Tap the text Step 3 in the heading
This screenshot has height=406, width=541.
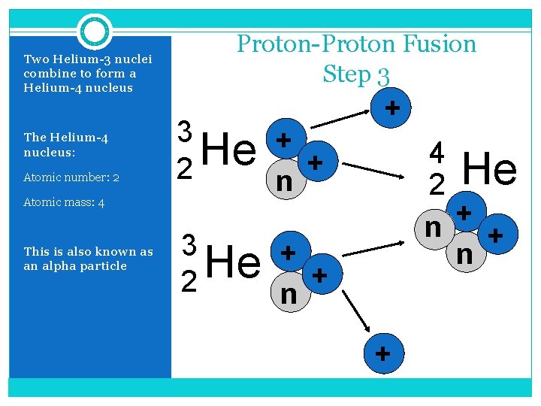[x=356, y=74]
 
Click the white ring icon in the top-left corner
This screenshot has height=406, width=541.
[x=95, y=32]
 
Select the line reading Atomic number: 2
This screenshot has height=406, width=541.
[x=71, y=178]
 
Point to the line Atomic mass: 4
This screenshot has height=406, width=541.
[x=64, y=202]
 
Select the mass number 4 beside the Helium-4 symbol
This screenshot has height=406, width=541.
[x=437, y=153]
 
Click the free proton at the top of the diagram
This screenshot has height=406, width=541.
[x=391, y=109]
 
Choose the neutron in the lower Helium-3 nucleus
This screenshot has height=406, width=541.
[x=288, y=294]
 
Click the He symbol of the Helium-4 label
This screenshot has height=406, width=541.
[x=490, y=169]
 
